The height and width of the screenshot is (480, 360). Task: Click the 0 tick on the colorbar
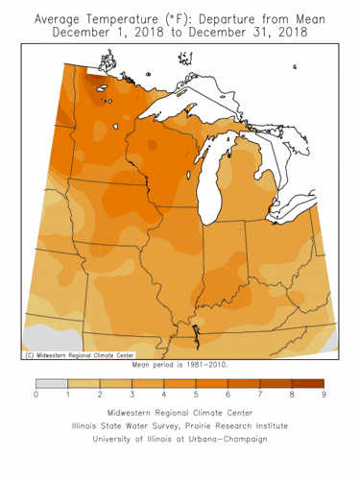click(36, 395)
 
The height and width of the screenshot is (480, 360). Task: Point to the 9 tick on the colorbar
click(324, 395)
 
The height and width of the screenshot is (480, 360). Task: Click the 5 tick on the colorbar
click(196, 395)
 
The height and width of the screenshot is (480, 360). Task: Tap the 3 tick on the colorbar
click(132, 395)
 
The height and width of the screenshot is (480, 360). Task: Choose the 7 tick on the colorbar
click(260, 395)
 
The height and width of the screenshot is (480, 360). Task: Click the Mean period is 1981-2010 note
click(180, 365)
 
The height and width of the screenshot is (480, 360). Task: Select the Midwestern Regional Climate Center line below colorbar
click(180, 410)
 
